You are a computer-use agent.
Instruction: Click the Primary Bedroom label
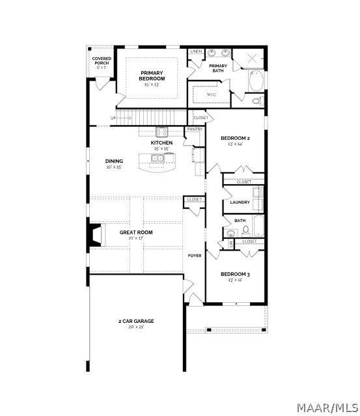(x=152, y=76)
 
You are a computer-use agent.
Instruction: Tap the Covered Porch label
(x=102, y=61)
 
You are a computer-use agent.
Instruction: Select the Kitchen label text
(x=161, y=143)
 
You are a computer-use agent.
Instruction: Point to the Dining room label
(x=114, y=161)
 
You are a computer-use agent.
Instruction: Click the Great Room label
(x=136, y=232)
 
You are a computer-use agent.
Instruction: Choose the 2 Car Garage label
(x=136, y=321)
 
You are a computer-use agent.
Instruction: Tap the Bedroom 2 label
(x=235, y=139)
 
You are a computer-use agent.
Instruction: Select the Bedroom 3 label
(x=235, y=274)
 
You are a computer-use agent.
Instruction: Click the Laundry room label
(x=240, y=202)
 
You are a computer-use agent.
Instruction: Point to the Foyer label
(x=195, y=256)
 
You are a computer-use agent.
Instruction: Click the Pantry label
(x=195, y=130)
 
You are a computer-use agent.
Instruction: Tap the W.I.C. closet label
(x=211, y=95)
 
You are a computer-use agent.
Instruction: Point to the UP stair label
(x=113, y=118)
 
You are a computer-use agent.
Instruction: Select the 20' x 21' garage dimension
(x=136, y=327)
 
